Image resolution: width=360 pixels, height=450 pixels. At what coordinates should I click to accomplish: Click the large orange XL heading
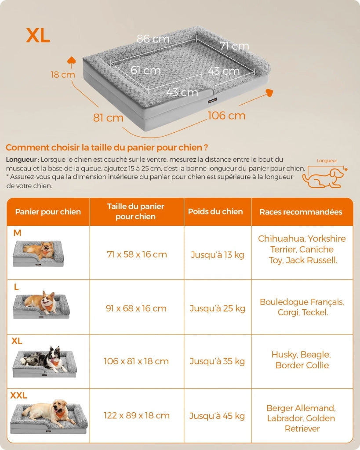pos(38,36)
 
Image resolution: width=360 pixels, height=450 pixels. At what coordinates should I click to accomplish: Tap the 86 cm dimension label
pos(153,39)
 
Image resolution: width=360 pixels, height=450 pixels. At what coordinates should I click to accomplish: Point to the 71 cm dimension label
pos(234,46)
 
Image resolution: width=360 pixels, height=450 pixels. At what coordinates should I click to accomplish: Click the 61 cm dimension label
pos(145,70)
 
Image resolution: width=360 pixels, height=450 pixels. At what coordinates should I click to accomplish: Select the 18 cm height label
pos(62,75)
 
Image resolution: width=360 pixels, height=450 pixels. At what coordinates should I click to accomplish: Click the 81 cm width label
pos(108,118)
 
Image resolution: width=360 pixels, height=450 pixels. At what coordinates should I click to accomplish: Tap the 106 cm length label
pos(226,116)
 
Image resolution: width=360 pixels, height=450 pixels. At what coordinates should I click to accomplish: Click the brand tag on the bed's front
pos(212,101)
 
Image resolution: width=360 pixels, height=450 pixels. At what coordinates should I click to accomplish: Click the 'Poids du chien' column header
pos(215,211)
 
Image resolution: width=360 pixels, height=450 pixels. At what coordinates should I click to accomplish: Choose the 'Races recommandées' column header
pos(301,212)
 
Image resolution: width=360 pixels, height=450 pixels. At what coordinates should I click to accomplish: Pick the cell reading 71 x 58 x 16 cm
pos(137,254)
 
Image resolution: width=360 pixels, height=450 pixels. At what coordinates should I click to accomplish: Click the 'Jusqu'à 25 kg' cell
pos(217,308)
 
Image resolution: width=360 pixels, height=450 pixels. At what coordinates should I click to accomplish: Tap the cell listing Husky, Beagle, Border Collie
pos(302,360)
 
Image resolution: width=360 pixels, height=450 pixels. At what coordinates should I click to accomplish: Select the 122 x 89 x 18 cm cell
pos(137,415)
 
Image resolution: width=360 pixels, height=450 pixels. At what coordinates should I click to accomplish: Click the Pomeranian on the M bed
pos(40,250)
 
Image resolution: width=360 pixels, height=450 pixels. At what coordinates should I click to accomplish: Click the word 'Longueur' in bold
pos(21,160)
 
